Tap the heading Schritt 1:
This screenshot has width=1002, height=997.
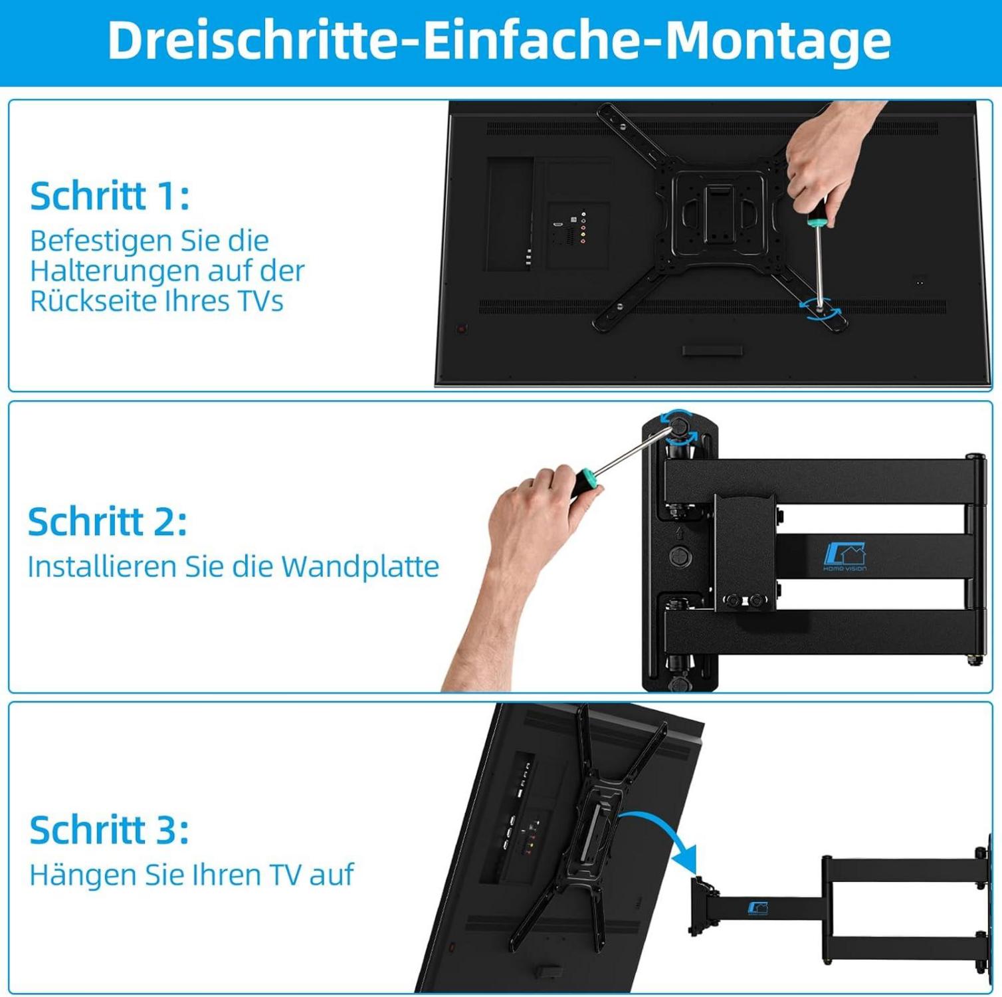click(x=110, y=196)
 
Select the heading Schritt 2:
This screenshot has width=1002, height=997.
click(x=108, y=522)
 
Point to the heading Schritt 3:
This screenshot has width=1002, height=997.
click(x=110, y=830)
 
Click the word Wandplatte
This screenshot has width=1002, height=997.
click(x=360, y=567)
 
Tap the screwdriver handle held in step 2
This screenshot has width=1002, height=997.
click(x=584, y=481)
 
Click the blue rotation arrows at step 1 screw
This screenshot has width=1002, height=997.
click(x=820, y=309)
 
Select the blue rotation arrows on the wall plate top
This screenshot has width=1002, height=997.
click(x=678, y=426)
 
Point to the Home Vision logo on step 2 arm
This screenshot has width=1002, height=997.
click(x=845, y=557)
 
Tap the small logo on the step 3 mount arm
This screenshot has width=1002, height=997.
click(x=758, y=909)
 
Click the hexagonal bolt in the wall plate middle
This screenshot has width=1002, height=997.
click(x=679, y=556)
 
